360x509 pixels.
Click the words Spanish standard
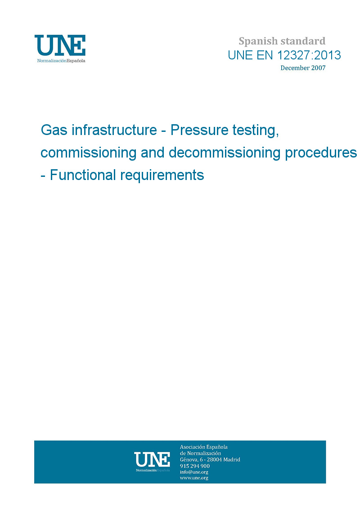pos(282,41)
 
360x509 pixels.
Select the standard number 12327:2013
pos(309,55)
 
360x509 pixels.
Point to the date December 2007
pos(303,68)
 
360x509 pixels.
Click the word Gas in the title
pos(54,130)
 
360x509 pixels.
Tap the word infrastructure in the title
pos(114,130)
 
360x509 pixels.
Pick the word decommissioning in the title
pos(224,153)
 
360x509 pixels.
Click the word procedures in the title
pos(321,153)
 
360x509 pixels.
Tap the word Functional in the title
pos(83,175)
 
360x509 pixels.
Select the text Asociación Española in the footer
pos(203,447)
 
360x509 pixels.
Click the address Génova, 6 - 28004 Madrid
pos(210,459)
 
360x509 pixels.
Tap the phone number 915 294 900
pos(195,466)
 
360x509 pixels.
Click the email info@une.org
pos(194,472)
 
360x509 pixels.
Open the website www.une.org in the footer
pos(194,478)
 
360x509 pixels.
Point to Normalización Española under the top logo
pos(61,61)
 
